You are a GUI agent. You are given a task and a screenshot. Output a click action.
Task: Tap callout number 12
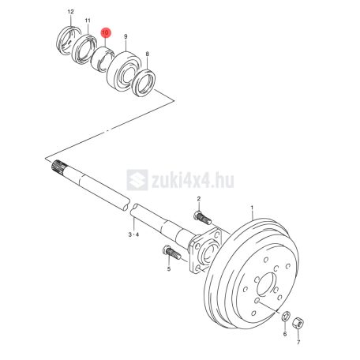point(70,12)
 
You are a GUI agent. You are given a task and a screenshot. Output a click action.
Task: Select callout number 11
point(88,21)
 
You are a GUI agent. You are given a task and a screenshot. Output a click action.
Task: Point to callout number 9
point(126,36)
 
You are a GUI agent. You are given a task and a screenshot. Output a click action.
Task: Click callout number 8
point(148,54)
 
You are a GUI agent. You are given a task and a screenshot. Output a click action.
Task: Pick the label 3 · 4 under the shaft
point(133,234)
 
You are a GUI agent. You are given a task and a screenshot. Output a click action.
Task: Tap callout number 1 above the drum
point(252,208)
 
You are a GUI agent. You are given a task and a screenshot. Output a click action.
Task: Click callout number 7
point(298,343)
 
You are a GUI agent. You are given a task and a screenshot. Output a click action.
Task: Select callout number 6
point(285,334)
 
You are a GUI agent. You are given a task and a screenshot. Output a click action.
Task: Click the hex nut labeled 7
point(298,323)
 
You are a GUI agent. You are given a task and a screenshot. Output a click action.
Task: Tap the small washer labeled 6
point(286,316)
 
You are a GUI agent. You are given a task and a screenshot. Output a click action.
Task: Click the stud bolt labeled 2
point(202,218)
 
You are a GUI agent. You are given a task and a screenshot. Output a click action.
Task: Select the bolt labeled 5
point(172,253)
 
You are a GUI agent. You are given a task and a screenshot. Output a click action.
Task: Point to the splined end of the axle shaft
point(59,167)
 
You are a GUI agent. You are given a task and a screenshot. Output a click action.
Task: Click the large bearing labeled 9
point(123,72)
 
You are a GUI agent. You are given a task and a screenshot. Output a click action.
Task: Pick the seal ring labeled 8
point(144,83)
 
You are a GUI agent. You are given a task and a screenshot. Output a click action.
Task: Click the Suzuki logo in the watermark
point(137,180)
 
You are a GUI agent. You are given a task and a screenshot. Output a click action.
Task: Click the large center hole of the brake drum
point(267,284)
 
